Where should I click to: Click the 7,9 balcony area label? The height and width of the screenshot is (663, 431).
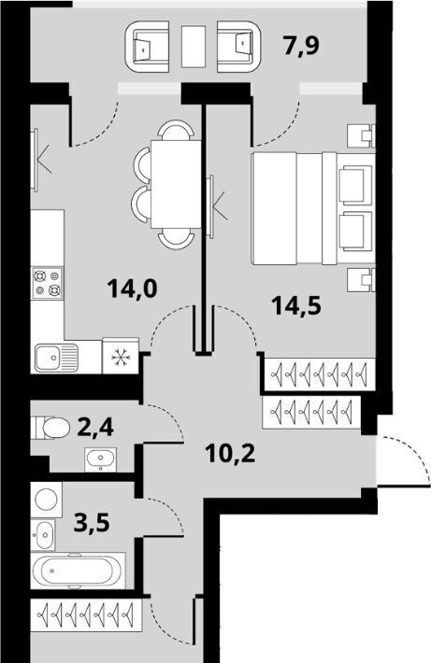pyautogui.click(x=301, y=46)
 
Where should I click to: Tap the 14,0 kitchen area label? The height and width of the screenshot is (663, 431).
pyautogui.click(x=132, y=289)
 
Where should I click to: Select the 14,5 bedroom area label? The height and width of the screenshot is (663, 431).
pyautogui.click(x=297, y=304)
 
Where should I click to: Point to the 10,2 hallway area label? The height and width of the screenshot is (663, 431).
pyautogui.click(x=231, y=454)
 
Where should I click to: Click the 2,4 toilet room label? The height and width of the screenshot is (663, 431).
pyautogui.click(x=95, y=427)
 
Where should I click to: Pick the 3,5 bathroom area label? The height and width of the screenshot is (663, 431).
pyautogui.click(x=92, y=523)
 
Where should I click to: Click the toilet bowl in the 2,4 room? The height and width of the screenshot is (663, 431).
pyautogui.click(x=50, y=428)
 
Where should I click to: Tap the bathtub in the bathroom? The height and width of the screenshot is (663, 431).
pyautogui.click(x=79, y=571)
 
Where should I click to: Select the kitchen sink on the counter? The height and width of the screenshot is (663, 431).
pyautogui.click(x=57, y=358)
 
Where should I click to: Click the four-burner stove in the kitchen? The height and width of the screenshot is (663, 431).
pyautogui.click(x=47, y=283)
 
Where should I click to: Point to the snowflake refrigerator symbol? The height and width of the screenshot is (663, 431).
pyautogui.click(x=121, y=358)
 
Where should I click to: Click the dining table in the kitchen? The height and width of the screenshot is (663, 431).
pyautogui.click(x=176, y=184)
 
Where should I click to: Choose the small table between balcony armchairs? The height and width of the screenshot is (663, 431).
pyautogui.click(x=194, y=46)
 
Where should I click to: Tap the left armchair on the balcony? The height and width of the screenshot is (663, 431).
pyautogui.click(x=148, y=46)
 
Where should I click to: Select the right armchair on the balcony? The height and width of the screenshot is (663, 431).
pyautogui.click(x=238, y=46)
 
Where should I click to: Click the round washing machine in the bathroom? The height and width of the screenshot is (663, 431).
pyautogui.click(x=47, y=501)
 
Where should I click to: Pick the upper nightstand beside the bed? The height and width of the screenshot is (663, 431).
pyautogui.click(x=361, y=135)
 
